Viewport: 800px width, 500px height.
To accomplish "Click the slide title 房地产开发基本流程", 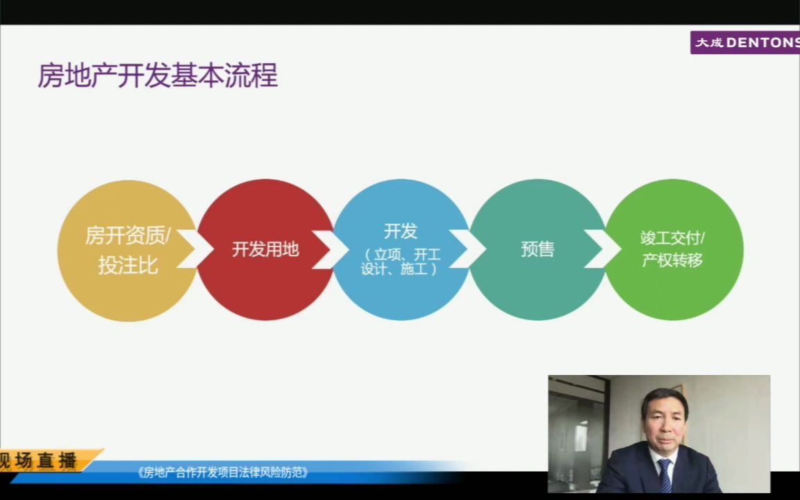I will [x=158, y=76].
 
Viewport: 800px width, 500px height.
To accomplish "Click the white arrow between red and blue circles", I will [x=333, y=249].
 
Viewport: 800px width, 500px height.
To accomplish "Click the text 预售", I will [x=537, y=249].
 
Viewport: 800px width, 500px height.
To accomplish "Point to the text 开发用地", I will [x=265, y=249].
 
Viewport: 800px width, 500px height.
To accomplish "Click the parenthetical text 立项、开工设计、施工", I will [x=401, y=262].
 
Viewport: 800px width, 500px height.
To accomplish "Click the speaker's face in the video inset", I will [x=664, y=417].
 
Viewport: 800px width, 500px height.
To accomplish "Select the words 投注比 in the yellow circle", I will [x=128, y=265].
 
